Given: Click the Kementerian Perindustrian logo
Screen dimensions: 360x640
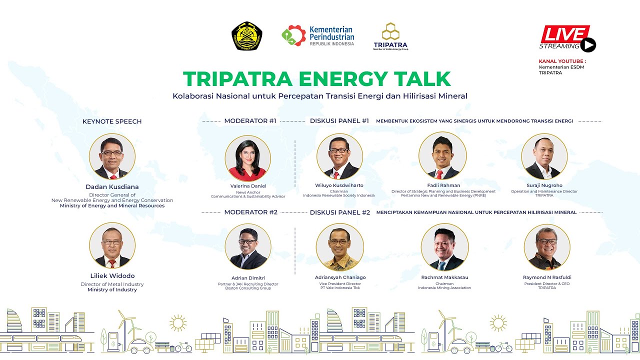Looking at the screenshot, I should coord(317,36).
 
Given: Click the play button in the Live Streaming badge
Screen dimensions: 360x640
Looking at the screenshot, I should coord(588,45).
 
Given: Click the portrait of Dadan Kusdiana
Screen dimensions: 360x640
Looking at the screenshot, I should coord(112,156).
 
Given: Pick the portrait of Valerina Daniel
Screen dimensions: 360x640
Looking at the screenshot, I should coord(247,158).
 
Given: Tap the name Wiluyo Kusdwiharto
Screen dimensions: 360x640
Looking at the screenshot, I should coord(339,185).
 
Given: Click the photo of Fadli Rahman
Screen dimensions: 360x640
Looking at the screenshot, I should coord(442,156).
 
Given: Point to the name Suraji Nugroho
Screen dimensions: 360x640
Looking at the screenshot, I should coord(544,185).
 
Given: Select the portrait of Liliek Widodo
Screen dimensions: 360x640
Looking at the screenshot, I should coord(112,245).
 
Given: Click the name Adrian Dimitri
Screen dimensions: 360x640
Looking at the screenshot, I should coord(248,277).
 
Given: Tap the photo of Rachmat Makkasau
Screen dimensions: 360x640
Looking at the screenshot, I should coord(444,247).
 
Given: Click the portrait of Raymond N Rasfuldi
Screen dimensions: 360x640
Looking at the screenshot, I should coord(547,247).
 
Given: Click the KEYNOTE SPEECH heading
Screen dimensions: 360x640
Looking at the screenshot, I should coord(112,121).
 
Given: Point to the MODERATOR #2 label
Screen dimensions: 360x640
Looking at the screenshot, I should coord(250,212).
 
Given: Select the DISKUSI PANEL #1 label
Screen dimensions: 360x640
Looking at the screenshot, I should coord(339,121).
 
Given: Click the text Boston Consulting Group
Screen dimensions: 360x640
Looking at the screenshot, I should coord(248,288).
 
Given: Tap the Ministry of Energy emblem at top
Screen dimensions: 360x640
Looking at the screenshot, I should coord(247,36).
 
